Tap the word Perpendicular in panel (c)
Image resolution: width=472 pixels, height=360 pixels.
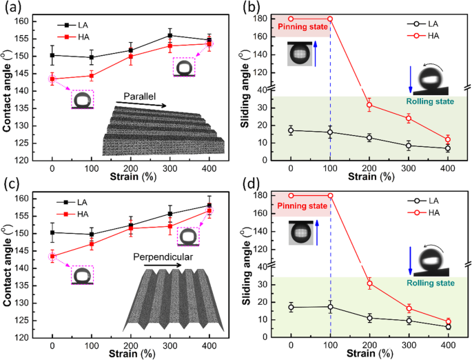click(150, 257)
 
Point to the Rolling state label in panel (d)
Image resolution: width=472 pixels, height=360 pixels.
click(433, 283)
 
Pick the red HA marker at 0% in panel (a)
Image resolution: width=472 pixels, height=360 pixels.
click(52, 79)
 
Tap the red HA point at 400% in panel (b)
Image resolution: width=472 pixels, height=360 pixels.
click(447, 139)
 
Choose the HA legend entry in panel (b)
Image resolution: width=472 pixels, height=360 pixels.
click(421, 34)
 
